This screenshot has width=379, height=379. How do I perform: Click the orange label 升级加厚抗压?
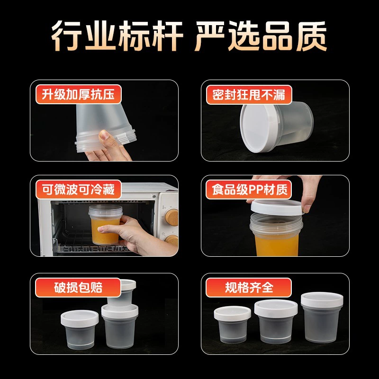coord(78,94)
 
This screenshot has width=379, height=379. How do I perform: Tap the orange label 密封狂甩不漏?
coord(249,94)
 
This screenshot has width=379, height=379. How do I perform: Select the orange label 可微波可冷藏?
coord(78,189)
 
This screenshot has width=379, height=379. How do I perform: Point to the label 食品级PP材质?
coord(249,189)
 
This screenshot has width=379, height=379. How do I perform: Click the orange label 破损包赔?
coord(78,288)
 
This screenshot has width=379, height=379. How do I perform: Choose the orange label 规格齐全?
coord(249,288)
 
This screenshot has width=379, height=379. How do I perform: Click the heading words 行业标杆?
coord(117,36)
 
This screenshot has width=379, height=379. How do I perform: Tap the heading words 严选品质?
coord(261,36)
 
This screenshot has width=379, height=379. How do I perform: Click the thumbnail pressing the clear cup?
coord(104,135)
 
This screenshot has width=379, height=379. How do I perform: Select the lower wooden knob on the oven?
coord(172,240)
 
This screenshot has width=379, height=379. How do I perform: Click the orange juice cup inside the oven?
coord(105,225)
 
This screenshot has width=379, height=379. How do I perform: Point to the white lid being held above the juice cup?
coord(277,207)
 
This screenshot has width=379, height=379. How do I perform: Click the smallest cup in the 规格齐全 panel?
coord(233,325)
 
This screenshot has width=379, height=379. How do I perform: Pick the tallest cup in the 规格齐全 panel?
coord(322,317)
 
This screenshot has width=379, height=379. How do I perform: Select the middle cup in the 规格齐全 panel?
coord(276,322)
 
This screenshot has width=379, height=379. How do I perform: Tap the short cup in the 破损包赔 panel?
coord(80,330)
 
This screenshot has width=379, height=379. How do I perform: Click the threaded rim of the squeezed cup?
coord(106,142)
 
